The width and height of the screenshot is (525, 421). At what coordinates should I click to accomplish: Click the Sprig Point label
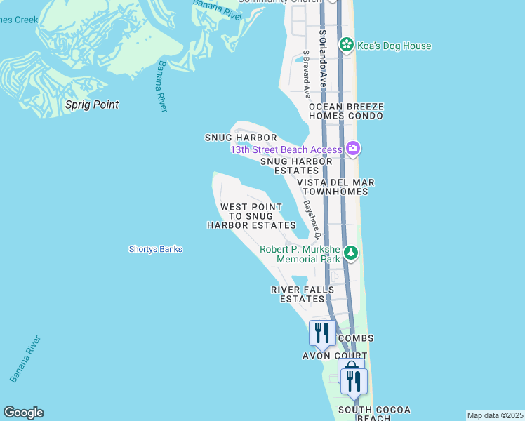pos(92,105)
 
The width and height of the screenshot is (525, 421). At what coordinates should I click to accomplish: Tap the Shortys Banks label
pos(156,249)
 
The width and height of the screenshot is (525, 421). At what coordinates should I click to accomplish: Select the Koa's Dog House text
pos(393,46)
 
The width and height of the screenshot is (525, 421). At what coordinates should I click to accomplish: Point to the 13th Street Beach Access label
pos(285,149)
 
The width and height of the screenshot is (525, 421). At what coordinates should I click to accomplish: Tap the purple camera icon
pos(352,148)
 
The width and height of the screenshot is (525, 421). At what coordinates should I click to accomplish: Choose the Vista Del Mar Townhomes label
pos(335,187)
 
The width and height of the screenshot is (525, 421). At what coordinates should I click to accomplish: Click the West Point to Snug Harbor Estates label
pos(251,216)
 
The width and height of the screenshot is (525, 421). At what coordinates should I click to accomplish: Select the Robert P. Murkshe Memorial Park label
pos(300,254)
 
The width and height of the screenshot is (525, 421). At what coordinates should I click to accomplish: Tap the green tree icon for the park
pos(351,253)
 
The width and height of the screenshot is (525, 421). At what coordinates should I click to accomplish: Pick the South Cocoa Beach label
pos(374,413)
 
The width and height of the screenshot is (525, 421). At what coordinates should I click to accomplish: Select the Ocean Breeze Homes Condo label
pos(346,112)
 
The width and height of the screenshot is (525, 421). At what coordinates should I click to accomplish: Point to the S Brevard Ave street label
pos(307,73)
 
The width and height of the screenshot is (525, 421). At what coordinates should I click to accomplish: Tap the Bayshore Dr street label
pos(313,218)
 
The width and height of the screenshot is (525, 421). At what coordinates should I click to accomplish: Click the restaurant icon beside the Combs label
pos(322,333)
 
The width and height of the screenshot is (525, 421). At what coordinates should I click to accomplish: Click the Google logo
pos(23,413)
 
